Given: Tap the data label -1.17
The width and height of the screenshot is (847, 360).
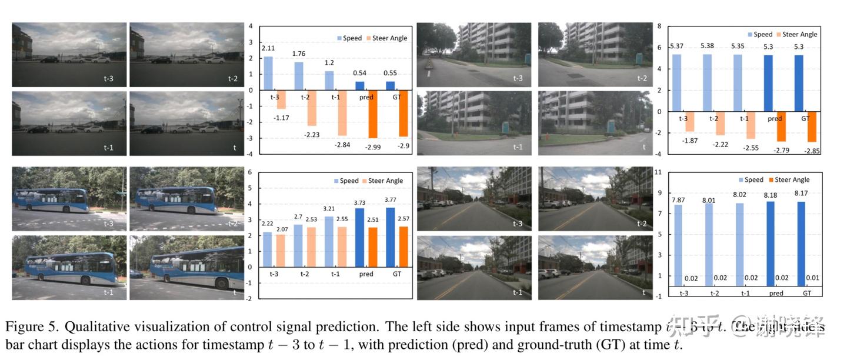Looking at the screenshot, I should tap(281, 118).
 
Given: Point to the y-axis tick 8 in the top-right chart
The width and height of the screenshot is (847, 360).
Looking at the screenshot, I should tap(659, 26).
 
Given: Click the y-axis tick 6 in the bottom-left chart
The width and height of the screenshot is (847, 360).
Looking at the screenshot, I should tap(250, 172).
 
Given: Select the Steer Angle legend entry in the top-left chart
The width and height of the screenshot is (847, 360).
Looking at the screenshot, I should tap(385, 38).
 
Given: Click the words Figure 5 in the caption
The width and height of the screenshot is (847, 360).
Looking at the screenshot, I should tap(26, 328).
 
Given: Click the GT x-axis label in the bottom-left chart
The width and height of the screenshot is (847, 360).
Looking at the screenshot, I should tap(396, 274).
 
